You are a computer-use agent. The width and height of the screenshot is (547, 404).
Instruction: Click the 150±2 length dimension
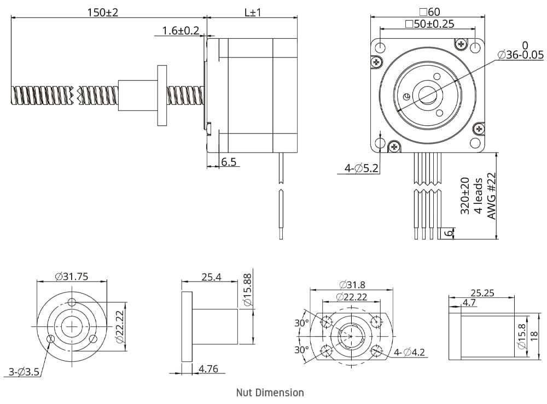point(103,12)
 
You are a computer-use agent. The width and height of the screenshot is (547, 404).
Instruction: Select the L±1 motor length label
point(253,12)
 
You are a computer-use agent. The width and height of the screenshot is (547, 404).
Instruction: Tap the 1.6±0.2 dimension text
point(181,31)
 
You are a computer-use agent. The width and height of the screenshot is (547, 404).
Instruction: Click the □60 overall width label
point(429,11)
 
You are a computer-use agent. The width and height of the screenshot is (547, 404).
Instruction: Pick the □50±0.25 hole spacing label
point(429,24)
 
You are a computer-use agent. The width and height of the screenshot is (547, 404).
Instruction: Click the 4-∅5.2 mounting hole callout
point(362,169)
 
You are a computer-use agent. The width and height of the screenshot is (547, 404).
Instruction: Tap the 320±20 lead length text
point(464,195)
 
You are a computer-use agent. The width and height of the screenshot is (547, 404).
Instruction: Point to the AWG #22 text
point(491,196)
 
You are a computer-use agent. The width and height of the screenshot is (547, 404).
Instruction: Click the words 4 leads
point(478,196)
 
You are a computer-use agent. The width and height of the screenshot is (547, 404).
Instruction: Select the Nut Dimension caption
point(270,392)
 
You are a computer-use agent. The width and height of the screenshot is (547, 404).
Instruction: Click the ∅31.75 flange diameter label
point(72,277)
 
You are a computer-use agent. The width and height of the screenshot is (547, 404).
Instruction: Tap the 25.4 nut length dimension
point(211,277)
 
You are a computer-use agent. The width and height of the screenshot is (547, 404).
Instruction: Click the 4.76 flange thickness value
point(208,369)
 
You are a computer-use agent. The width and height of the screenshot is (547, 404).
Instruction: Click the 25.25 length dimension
point(482,293)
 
